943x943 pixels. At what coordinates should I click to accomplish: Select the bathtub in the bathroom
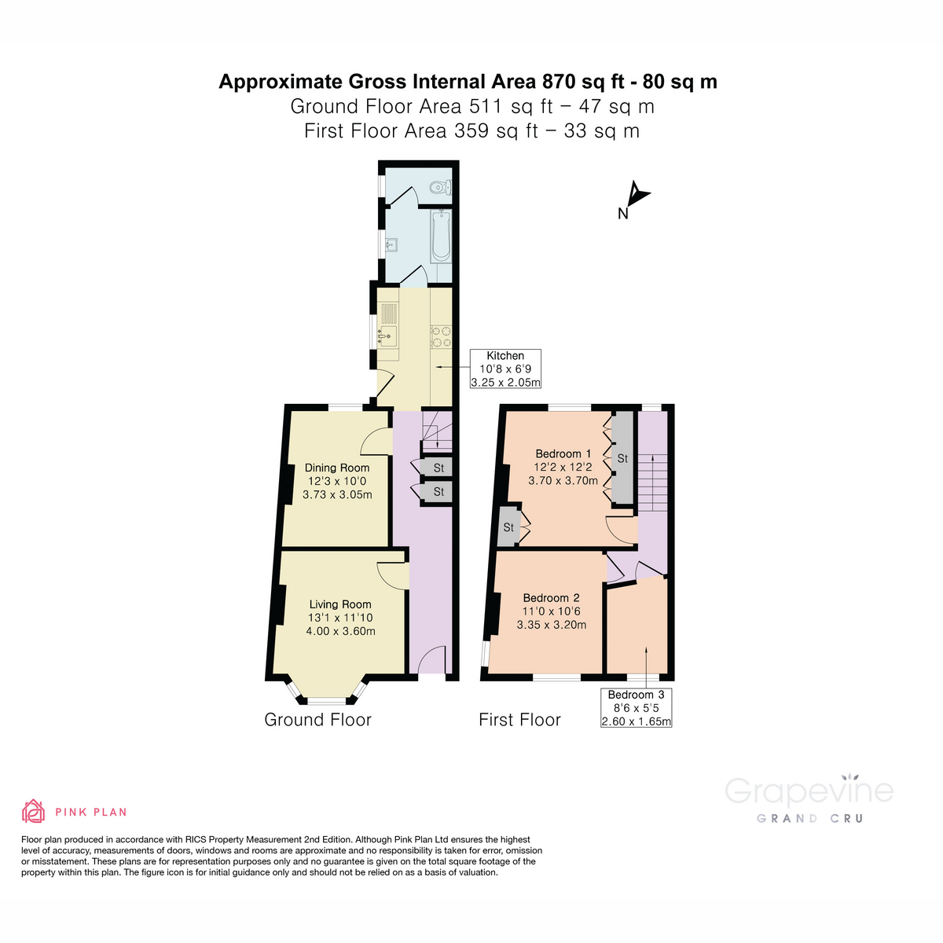click(x=441, y=236)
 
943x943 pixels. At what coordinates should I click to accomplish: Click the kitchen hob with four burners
click(x=440, y=336)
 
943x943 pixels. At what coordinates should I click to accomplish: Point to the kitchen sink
click(x=387, y=337)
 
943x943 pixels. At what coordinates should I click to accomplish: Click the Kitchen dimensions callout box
click(x=505, y=369)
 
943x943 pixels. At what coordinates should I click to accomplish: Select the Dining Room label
click(x=337, y=468)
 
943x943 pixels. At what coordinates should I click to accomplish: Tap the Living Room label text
click(x=340, y=604)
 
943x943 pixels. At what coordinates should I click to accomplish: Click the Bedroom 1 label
click(x=563, y=453)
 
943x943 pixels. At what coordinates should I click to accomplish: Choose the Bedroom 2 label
click(x=551, y=598)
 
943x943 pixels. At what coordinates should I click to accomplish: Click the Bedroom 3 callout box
click(x=636, y=707)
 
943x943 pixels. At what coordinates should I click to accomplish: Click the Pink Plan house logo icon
click(x=34, y=811)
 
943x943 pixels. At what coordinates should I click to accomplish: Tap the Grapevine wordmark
click(x=809, y=791)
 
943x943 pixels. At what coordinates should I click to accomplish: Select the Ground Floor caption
click(x=317, y=720)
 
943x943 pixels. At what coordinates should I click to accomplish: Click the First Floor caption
click(x=519, y=720)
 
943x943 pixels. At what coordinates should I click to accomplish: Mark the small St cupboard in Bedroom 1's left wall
click(x=508, y=527)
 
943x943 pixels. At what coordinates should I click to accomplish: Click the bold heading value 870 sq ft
click(x=588, y=82)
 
